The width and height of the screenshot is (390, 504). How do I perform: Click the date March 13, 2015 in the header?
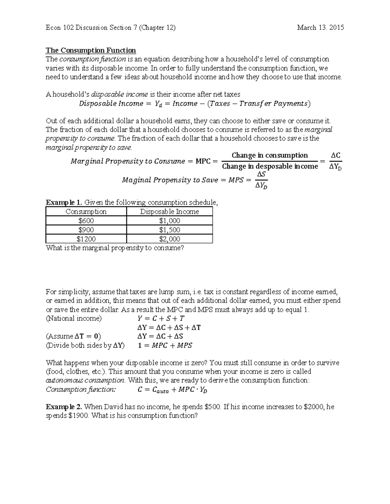tap(320, 28)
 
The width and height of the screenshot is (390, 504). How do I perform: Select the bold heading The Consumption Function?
tap(91, 50)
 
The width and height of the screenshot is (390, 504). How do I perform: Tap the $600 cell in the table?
tap(86, 221)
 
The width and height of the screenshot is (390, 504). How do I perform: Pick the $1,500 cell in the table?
tap(169, 230)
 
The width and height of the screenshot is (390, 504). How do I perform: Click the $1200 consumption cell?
tap(86, 239)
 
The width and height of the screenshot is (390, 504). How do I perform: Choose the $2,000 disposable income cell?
tap(169, 239)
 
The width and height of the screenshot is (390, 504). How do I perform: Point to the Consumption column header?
tap(86, 212)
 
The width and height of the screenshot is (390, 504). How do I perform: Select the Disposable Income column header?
tap(169, 212)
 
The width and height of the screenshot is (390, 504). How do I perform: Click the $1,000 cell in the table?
tap(169, 221)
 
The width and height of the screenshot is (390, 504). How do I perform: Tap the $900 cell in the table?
tap(86, 230)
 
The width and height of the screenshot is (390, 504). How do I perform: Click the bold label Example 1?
tap(64, 203)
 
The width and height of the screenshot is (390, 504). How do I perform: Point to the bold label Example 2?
tap(64, 407)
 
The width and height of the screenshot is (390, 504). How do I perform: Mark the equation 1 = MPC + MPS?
tap(165, 346)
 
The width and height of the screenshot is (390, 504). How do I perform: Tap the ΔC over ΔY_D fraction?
tap(335, 161)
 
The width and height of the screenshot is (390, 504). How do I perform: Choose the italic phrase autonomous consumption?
tap(85, 380)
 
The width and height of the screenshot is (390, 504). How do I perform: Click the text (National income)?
tap(74, 318)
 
